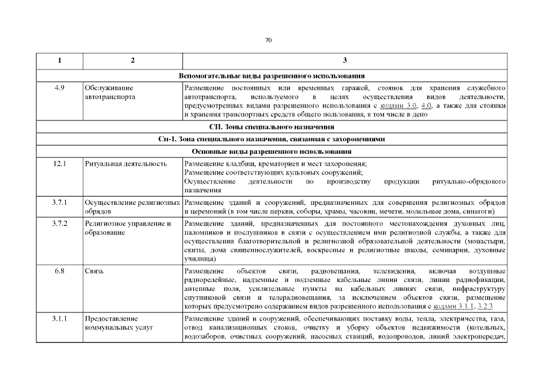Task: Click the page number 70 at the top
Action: click(268, 40)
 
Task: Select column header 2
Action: click(132, 61)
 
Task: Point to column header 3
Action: click(345, 61)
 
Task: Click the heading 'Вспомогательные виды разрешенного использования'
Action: click(271, 75)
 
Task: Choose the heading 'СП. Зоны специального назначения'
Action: click(271, 127)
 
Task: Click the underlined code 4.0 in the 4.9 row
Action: click(425, 106)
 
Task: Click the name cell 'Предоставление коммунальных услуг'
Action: click(111, 323)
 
